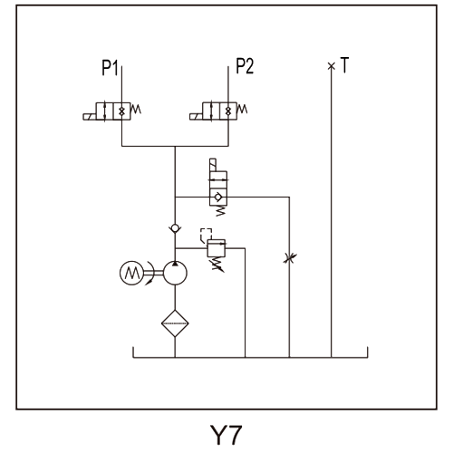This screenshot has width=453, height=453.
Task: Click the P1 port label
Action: click(110, 67)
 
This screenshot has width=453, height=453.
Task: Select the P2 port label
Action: click(245, 66)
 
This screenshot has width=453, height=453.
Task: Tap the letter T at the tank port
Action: click(344, 64)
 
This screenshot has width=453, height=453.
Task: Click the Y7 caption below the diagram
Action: click(226, 435)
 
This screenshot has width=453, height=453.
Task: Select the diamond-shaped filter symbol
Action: click(175, 323)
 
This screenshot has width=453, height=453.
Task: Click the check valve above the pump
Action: click(175, 228)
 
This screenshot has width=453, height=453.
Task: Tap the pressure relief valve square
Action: click(217, 248)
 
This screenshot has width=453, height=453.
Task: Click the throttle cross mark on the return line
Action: click(290, 258)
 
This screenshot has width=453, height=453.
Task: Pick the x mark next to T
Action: click(332, 66)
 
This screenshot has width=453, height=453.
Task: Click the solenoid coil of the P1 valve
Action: click(90, 117)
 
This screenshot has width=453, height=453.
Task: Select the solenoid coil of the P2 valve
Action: click(197, 117)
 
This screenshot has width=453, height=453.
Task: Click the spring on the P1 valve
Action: click(136, 110)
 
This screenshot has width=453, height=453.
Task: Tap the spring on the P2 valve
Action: click(242, 110)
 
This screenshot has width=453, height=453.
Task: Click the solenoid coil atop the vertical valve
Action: click(213, 165)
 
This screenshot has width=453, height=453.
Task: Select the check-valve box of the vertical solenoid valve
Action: click(218, 197)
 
